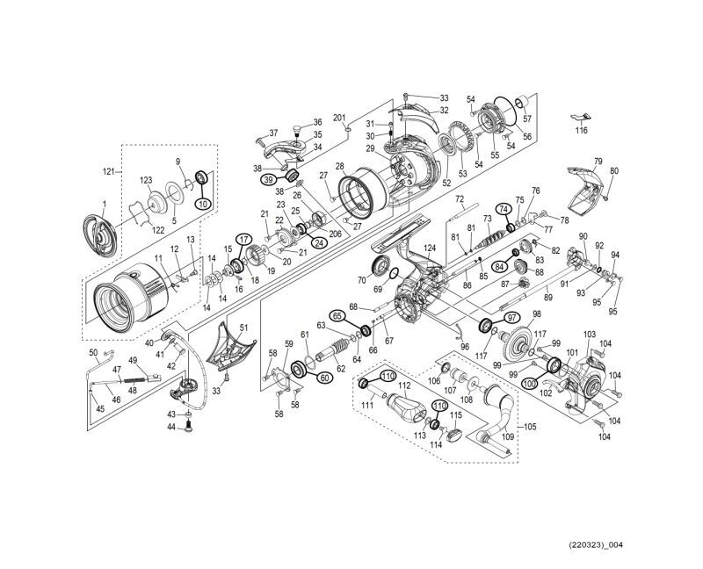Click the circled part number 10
(202, 204)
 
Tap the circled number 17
(243, 239)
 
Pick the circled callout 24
(318, 242)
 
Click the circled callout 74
(504, 209)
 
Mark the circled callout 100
(530, 384)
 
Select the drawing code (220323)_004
(594, 544)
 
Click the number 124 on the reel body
(430, 249)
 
